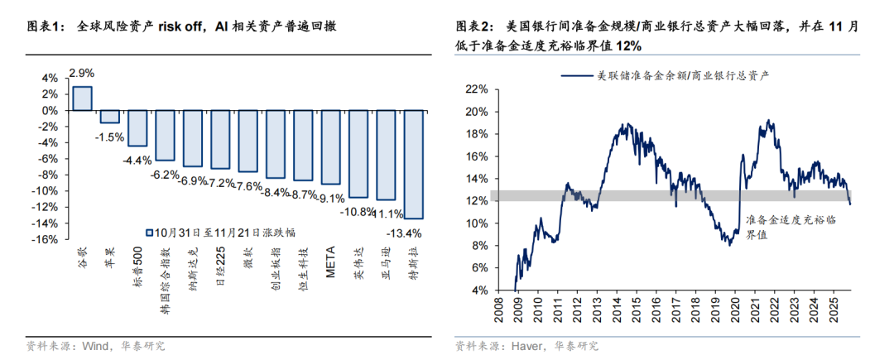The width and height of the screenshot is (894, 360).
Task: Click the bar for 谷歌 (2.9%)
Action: point(82,98)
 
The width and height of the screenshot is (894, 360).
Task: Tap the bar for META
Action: point(330,146)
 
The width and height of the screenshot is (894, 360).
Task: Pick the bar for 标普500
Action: point(137,127)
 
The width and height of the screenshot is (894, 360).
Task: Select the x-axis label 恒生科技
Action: point(303,264)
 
